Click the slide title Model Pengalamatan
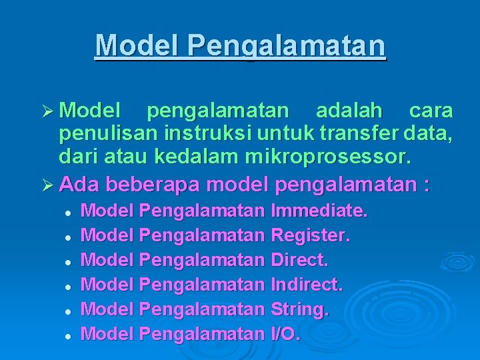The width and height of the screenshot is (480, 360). [240, 45]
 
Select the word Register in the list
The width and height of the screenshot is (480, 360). [310, 235]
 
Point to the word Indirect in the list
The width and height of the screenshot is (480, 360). [306, 285]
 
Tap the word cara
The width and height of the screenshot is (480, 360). [431, 109]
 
